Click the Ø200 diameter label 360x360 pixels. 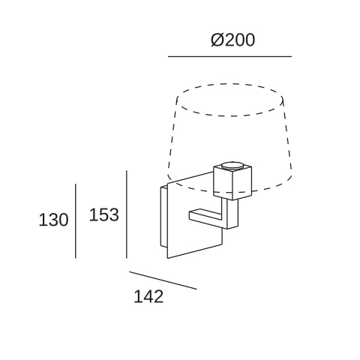tap(232, 40)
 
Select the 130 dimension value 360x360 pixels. tap(53, 220)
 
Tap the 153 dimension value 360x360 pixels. tap(104, 214)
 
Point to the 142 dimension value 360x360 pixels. tap(148, 296)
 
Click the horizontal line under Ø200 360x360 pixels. tap(229, 56)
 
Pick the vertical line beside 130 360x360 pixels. tap(76, 221)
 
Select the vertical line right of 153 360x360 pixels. tap(127, 214)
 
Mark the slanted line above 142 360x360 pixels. tap(163, 280)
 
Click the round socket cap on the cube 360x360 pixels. tap(232, 166)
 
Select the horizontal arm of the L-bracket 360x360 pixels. tap(205, 216)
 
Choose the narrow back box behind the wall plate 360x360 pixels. tap(163, 217)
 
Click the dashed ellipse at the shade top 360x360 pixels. tap(230, 100)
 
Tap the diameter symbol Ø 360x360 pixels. tap(217, 40)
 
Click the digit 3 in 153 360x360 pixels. tap(114, 214)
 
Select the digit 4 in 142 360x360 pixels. tap(148, 296)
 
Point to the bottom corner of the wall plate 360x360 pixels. tap(167, 258)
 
